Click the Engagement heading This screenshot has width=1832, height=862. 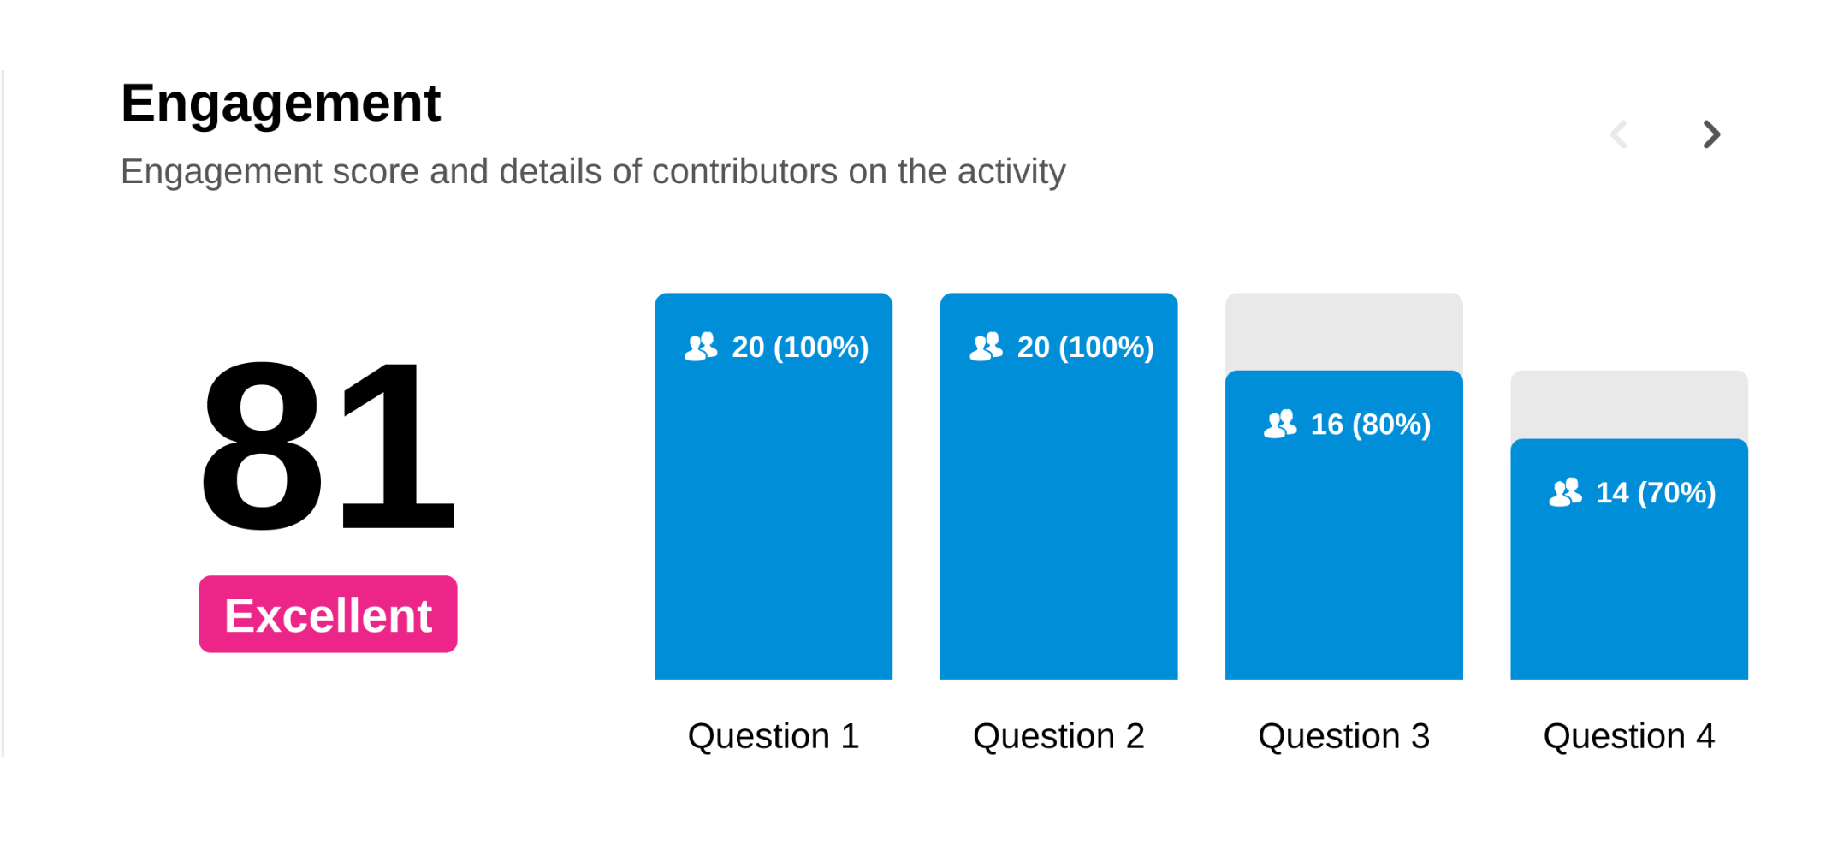(x=281, y=104)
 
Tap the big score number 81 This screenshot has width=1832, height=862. (x=327, y=445)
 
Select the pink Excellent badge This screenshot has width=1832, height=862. (x=328, y=614)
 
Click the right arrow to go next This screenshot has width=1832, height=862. (x=1711, y=134)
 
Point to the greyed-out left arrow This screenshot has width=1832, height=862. (x=1618, y=134)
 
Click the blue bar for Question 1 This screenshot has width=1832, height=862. (x=774, y=486)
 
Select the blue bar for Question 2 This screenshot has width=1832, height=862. (x=1058, y=486)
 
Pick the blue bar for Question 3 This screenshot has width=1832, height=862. (x=1343, y=525)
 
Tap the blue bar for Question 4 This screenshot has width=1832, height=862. (x=1629, y=559)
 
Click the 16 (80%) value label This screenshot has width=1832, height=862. (x=1370, y=425)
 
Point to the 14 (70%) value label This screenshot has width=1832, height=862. (x=1656, y=493)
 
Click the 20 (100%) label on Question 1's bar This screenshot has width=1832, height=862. (x=800, y=348)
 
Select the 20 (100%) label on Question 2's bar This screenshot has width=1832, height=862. (x=1085, y=348)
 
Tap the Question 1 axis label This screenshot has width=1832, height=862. (x=774, y=736)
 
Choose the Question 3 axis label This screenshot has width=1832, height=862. (x=1343, y=736)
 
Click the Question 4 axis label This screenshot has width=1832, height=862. (x=1629, y=736)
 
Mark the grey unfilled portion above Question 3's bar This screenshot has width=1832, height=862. (x=1343, y=332)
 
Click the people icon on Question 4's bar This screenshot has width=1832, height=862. (x=1566, y=492)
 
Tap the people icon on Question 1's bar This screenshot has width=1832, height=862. (x=701, y=347)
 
